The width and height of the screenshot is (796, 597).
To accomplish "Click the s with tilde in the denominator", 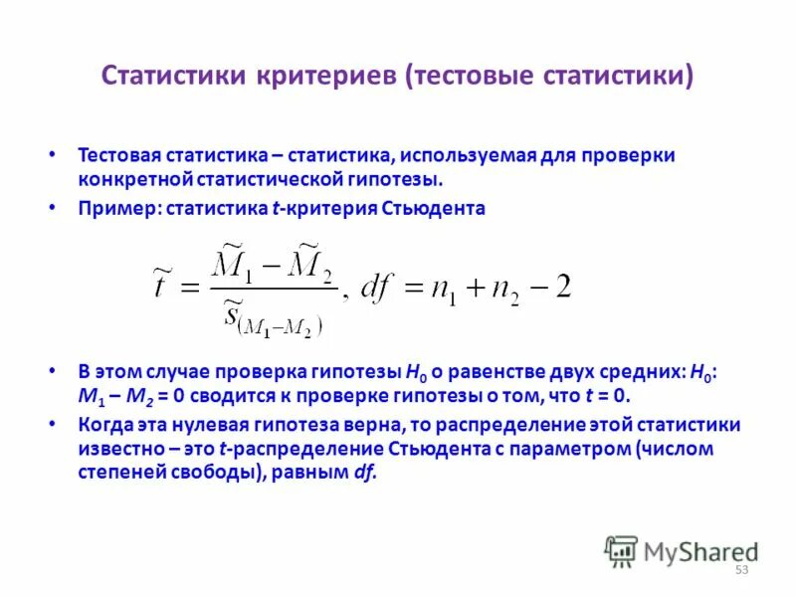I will [237, 313].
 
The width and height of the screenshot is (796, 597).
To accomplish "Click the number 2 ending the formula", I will [562, 287].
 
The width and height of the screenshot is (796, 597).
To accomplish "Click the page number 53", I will [741, 569].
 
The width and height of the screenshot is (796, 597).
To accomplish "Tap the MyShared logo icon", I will [621, 551].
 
